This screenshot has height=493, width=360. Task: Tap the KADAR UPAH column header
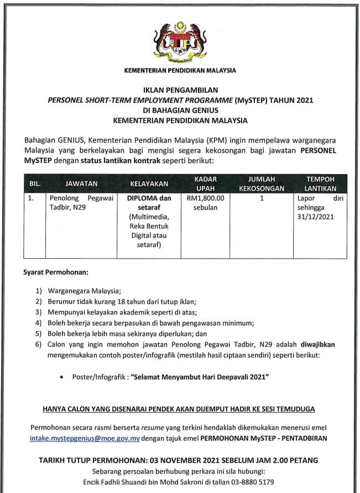(x=205, y=183)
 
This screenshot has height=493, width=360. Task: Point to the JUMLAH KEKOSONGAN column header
(x=261, y=183)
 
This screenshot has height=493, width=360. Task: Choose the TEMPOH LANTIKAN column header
(x=321, y=183)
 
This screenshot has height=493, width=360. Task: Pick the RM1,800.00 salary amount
(x=205, y=198)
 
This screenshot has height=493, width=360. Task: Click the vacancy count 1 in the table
(x=261, y=198)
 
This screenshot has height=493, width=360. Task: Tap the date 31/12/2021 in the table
(x=316, y=217)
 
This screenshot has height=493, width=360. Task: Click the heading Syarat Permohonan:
(x=55, y=273)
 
